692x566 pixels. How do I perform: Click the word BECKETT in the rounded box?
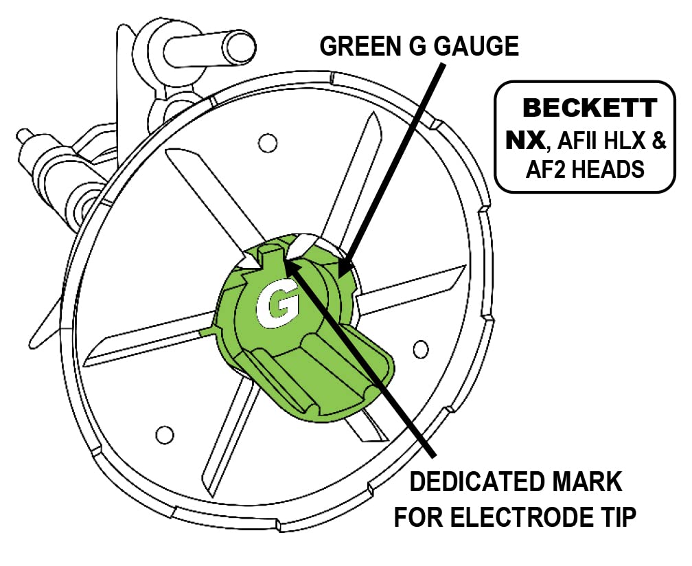(590, 109)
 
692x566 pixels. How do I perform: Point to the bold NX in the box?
(525, 139)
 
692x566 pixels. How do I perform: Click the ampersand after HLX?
(658, 141)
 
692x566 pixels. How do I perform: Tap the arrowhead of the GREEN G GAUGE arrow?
(344, 269)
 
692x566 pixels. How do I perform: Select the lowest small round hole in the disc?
(163, 434)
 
